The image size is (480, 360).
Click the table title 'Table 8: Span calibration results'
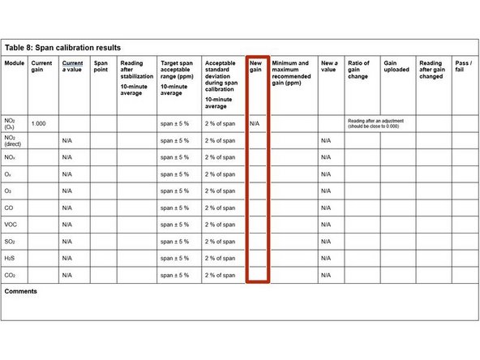(x=62, y=48)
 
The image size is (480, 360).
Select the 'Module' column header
(x=14, y=63)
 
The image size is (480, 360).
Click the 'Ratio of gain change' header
(x=358, y=70)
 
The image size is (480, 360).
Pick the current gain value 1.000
(x=38, y=123)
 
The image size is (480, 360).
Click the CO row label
(x=11, y=208)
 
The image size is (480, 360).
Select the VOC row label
(x=12, y=225)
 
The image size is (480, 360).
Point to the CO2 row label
(x=11, y=276)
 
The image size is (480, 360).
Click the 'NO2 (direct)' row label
(x=15, y=140)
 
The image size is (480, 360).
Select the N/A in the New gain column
(x=255, y=123)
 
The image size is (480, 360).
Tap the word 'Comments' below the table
(x=21, y=291)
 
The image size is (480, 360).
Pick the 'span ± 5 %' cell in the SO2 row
(x=175, y=242)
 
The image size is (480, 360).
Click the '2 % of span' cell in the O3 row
(x=220, y=191)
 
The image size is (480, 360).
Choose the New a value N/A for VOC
(x=326, y=225)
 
